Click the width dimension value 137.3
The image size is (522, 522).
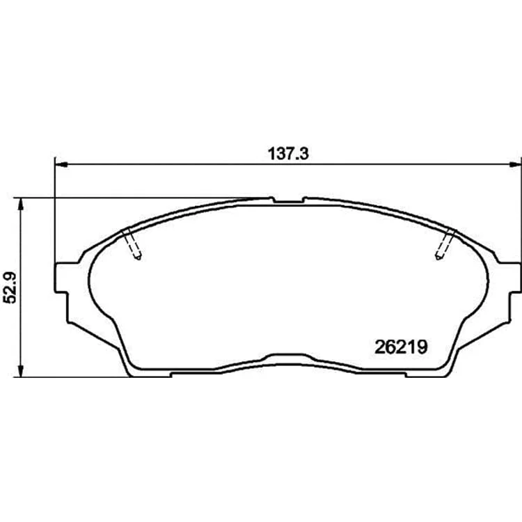tap(288, 154)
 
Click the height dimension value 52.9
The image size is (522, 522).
tap(10, 287)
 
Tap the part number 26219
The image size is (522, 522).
tap(400, 347)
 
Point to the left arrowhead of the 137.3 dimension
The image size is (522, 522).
tap(61, 164)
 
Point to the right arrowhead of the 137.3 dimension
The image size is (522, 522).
tap(515, 164)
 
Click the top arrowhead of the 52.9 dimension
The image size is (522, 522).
tap(21, 205)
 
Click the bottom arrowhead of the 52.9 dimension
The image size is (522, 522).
tap(21, 370)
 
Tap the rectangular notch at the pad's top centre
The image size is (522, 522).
tap(288, 200)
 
